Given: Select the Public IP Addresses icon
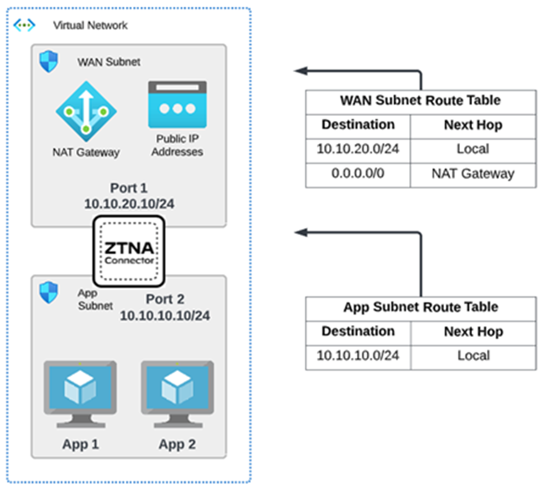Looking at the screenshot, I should point(177,105).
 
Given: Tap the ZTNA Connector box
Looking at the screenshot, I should point(129,251).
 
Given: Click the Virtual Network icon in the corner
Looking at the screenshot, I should point(25,25).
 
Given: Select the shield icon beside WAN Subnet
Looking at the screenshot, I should point(49,62).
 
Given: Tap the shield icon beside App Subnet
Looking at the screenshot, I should point(49,293).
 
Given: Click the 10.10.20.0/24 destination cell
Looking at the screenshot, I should point(358,149).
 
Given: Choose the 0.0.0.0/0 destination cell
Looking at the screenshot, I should point(358,174).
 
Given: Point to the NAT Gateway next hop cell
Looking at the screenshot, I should point(473,174).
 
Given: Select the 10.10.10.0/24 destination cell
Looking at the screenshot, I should point(358,355).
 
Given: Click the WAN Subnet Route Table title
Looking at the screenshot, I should point(420,101).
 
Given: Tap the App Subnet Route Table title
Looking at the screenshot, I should point(420,307).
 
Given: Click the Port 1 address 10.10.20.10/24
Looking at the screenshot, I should point(129,203).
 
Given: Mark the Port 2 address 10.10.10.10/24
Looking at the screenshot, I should point(165,315).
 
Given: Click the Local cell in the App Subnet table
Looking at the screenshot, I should point(473,355).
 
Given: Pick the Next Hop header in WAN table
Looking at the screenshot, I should point(473,125).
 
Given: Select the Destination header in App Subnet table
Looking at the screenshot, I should point(358,331).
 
